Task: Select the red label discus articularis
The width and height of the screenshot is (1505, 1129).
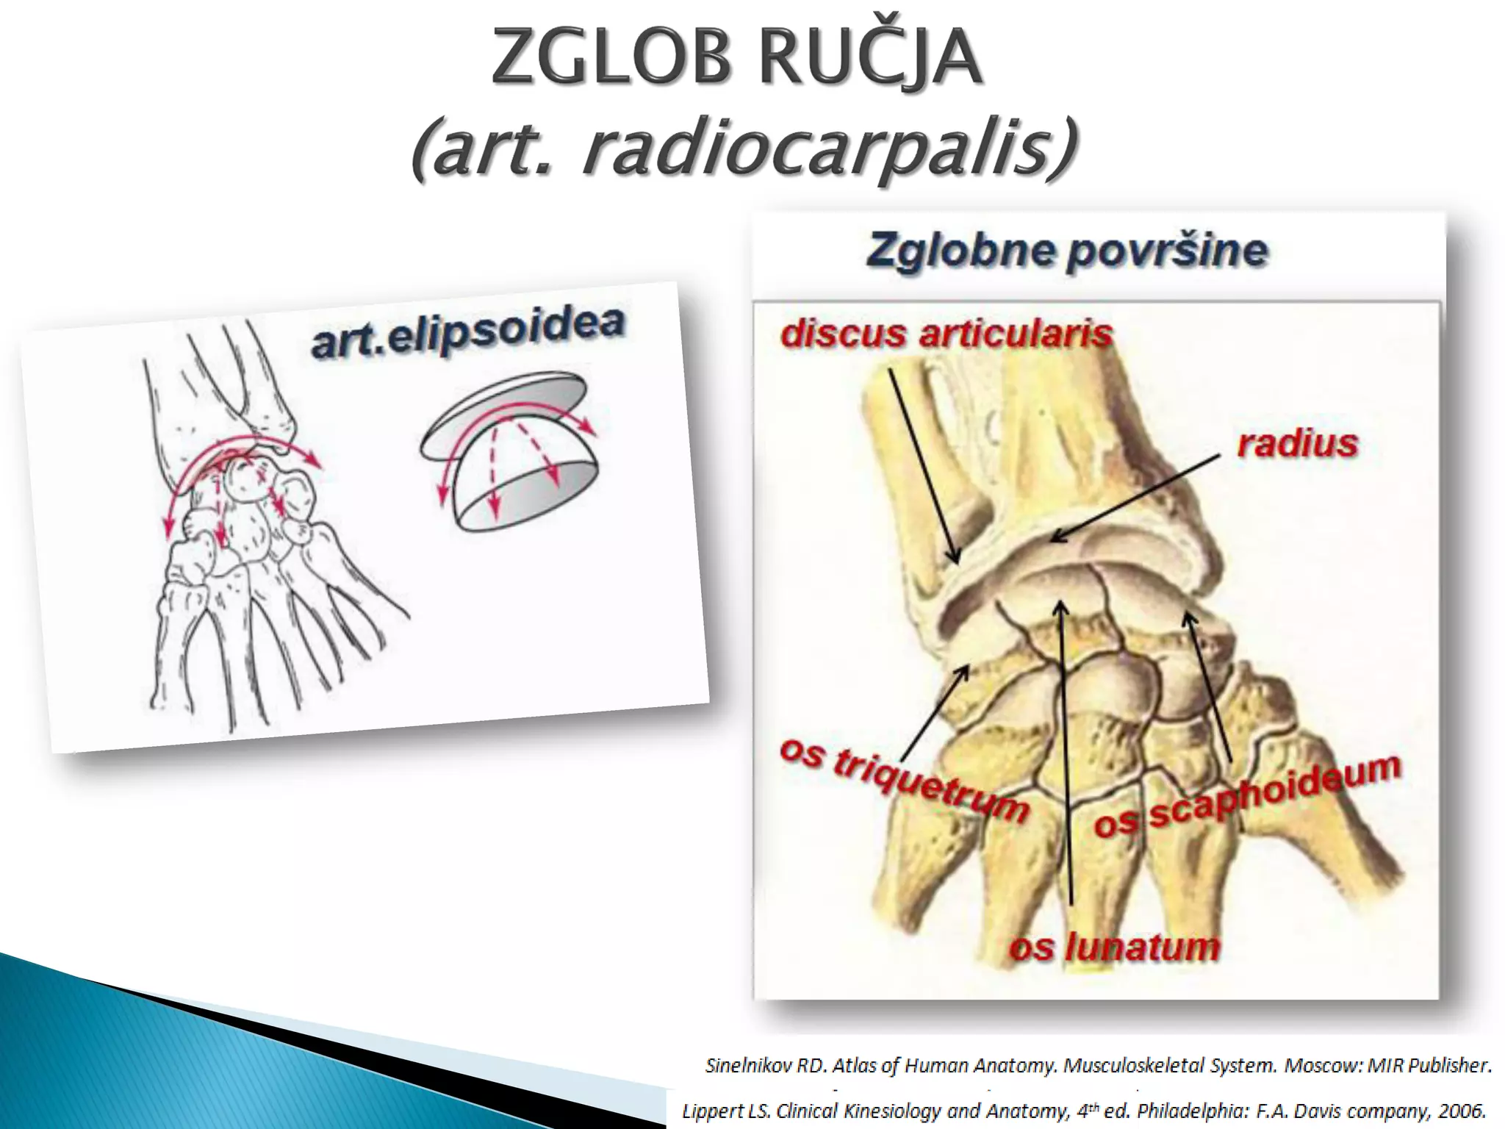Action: [947, 334]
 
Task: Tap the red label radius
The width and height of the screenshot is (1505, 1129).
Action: [1297, 444]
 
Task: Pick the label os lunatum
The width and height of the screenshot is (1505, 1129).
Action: [1114, 947]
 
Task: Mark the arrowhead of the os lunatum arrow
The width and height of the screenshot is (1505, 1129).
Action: [1060, 606]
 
